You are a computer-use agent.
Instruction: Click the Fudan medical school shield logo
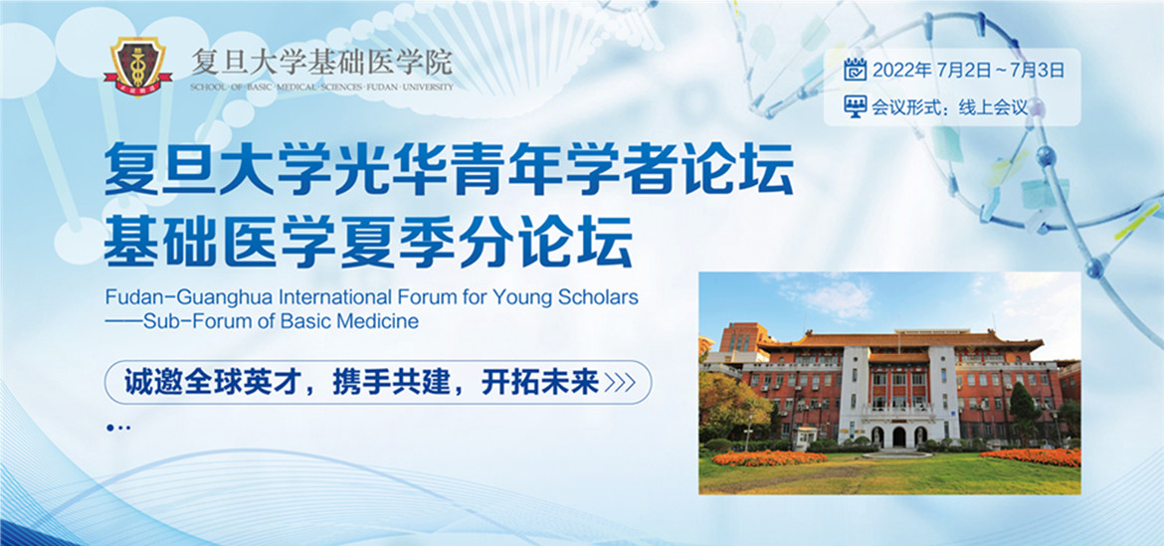pos(138,67)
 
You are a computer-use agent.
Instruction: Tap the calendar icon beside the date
pos(856,70)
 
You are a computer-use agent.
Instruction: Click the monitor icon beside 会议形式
pos(856,106)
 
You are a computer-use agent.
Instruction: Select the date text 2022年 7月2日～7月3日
pos(969,71)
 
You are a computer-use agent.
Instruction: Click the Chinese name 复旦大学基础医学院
pos(321,63)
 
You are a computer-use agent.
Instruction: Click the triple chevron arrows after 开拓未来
pos(620,383)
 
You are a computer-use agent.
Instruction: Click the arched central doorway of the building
pos(899,437)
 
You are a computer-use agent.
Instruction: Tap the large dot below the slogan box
pos(110,428)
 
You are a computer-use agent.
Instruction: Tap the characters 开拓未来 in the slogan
pos(539,383)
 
